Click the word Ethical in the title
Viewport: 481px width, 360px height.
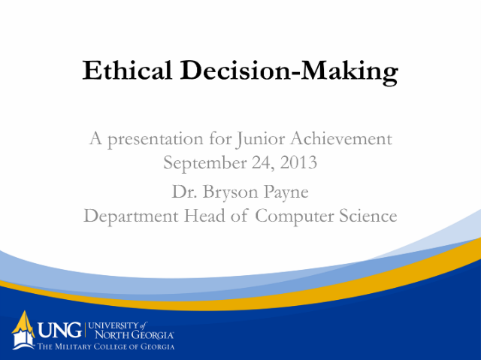point(127,70)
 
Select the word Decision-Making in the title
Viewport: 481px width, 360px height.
point(289,72)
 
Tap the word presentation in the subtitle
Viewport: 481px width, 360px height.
point(156,139)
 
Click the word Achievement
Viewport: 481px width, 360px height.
point(341,138)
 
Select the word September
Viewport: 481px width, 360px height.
point(205,163)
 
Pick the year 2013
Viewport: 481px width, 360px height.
point(298,162)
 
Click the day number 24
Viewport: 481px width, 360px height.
point(262,163)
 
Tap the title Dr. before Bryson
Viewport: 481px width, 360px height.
point(184,192)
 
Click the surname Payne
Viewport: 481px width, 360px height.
point(286,192)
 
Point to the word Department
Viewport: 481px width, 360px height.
point(131,216)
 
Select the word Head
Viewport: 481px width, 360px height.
point(204,215)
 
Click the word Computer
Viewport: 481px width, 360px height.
point(294,216)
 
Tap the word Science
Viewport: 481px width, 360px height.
point(368,215)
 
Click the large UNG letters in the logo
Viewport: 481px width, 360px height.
point(60,330)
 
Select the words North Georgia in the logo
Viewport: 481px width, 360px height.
point(134,334)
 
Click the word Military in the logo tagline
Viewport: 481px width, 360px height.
point(73,346)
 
